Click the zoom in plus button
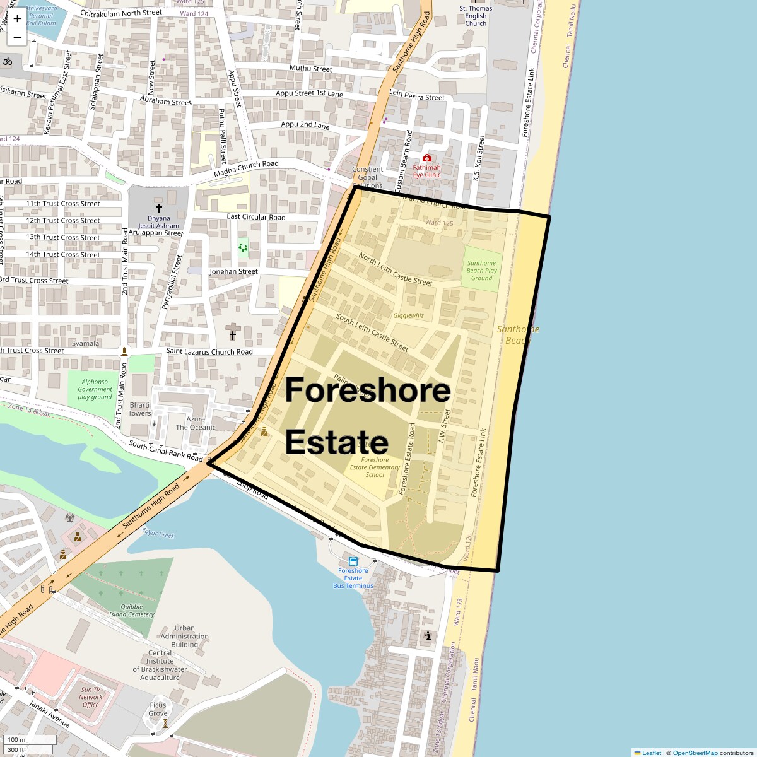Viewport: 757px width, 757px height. click(x=17, y=18)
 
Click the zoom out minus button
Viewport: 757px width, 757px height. click(x=17, y=37)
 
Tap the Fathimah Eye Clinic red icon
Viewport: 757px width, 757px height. click(x=427, y=158)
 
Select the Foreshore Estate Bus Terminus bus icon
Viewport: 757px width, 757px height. click(x=353, y=561)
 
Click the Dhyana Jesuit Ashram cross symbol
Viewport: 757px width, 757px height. click(x=158, y=208)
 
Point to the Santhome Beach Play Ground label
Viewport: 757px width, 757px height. click(x=481, y=271)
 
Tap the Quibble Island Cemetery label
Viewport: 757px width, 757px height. click(x=131, y=611)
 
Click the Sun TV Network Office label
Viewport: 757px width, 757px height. click(x=91, y=697)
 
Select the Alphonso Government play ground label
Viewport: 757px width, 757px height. click(x=95, y=389)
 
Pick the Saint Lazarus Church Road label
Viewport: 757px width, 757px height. click(x=209, y=351)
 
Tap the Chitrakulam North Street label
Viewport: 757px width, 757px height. click(x=122, y=13)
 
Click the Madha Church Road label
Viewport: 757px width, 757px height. click(x=246, y=168)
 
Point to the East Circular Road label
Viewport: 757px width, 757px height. click(x=256, y=217)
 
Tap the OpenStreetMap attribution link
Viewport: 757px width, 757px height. click(x=695, y=753)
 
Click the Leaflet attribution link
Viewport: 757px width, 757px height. click(x=651, y=753)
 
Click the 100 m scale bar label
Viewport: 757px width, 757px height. click(x=16, y=739)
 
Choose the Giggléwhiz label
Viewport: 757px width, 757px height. click(x=408, y=315)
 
